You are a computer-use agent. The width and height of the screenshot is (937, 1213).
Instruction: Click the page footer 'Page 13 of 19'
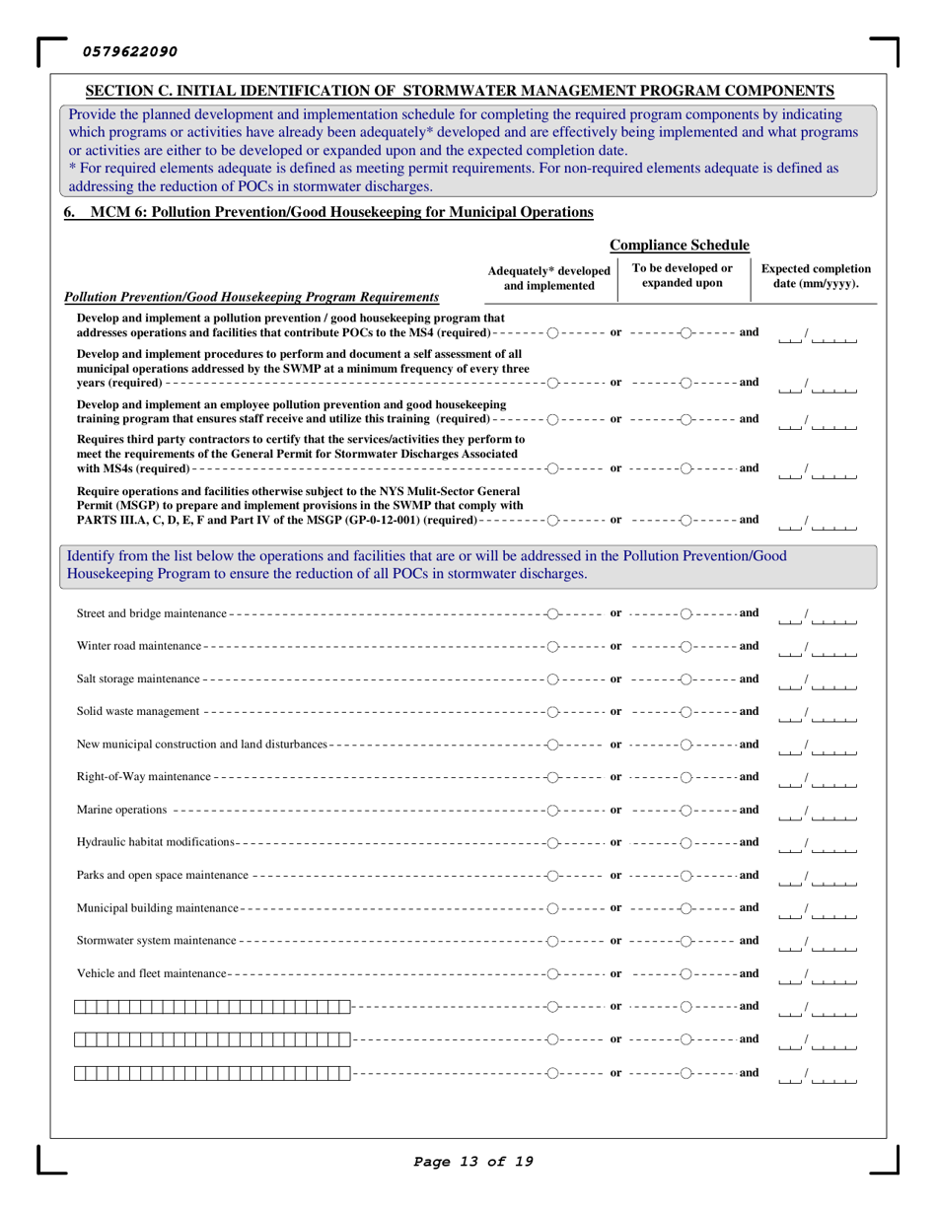(x=473, y=1161)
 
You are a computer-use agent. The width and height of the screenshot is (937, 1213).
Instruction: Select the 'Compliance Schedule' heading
(x=681, y=245)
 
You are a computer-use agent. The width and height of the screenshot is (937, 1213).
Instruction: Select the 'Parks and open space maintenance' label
(x=162, y=875)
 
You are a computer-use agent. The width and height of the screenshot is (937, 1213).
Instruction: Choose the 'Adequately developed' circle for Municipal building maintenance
(x=553, y=907)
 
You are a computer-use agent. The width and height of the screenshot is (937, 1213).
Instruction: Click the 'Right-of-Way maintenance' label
(x=143, y=777)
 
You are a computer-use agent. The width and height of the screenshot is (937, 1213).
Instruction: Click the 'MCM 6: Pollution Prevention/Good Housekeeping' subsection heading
(x=340, y=211)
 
